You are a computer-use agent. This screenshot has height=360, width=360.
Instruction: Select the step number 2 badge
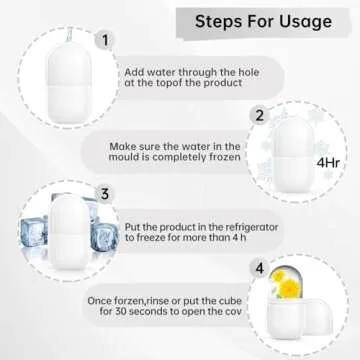click(x=260, y=115)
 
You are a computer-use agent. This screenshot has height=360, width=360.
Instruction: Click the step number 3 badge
click(x=102, y=193)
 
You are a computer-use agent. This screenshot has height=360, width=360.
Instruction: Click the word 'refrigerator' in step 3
click(x=238, y=227)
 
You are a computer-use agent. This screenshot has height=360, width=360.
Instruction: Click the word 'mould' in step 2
click(x=130, y=158)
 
